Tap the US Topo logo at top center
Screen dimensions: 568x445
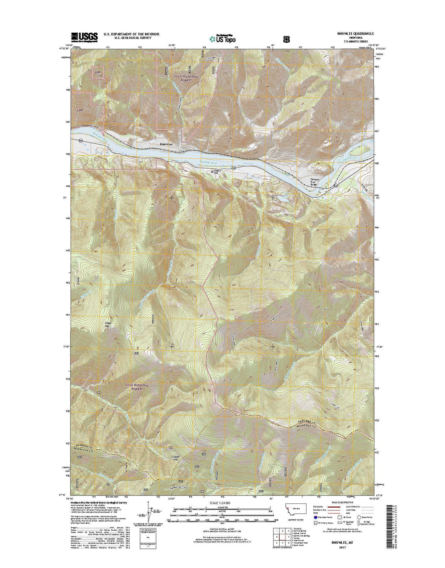[222, 38]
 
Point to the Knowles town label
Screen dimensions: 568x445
[166, 144]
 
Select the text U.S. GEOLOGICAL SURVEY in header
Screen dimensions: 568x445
[132, 38]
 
